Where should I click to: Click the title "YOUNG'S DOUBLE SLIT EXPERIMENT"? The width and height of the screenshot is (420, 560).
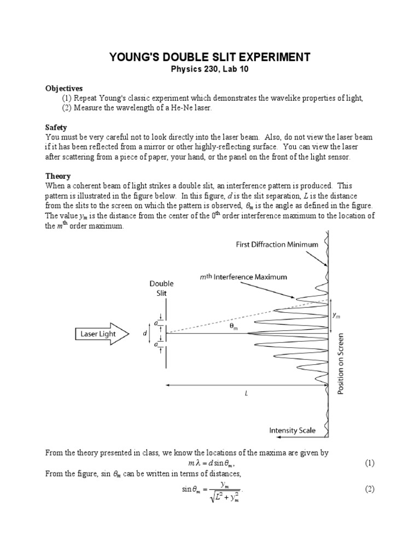[210, 57]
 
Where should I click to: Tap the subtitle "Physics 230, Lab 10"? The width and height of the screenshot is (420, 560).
[210, 69]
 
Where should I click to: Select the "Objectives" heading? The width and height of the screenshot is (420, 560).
[64, 88]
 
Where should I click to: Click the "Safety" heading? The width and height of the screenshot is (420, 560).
[56, 127]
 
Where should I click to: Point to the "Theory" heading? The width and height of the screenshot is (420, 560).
[58, 176]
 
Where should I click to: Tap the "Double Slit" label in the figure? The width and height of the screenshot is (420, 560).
[161, 288]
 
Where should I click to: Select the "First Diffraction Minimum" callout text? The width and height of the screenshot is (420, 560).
[277, 244]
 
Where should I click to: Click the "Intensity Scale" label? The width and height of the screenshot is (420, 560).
[292, 430]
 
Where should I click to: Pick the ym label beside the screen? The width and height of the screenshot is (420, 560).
[337, 316]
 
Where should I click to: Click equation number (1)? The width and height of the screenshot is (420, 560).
[369, 463]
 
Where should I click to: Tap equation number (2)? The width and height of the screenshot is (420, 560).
[369, 489]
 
